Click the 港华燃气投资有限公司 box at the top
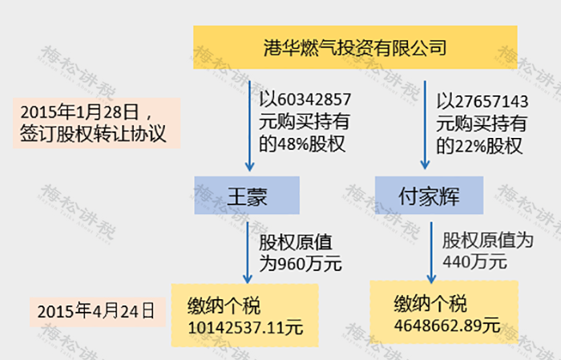point(355,47)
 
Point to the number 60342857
point(314,100)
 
